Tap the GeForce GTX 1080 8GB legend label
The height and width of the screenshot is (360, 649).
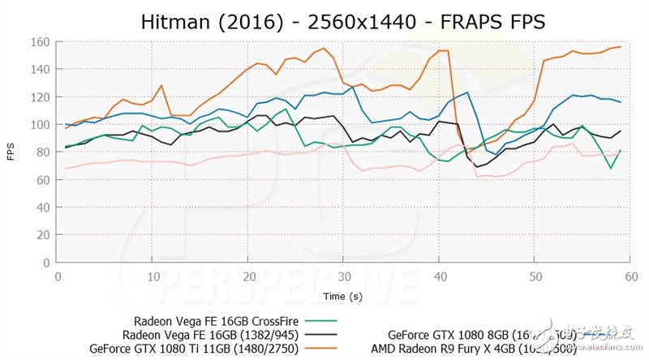tap(482, 334)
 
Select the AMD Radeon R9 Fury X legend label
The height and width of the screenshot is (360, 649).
tap(474, 349)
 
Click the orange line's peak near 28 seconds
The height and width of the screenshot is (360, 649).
tap(325, 49)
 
